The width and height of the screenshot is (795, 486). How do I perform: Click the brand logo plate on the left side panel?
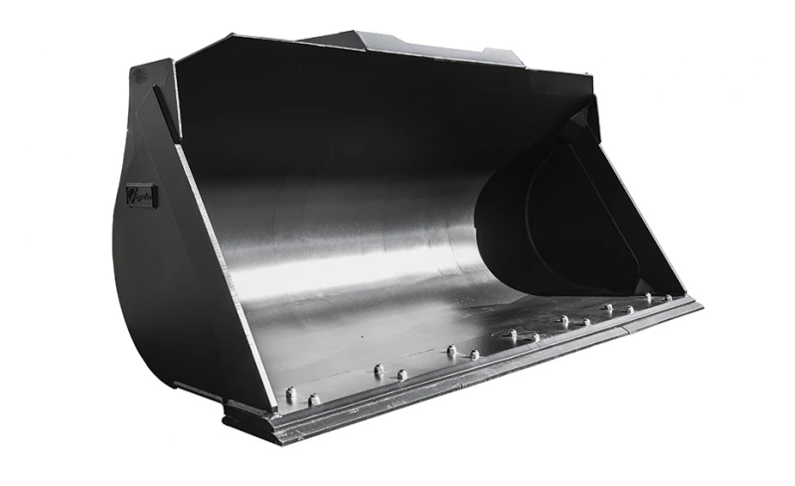[x=141, y=196]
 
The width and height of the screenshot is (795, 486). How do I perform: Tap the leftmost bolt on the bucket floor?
[x=291, y=395]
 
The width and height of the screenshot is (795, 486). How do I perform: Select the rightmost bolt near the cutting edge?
[x=669, y=297]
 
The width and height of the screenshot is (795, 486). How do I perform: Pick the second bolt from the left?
[x=314, y=400]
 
